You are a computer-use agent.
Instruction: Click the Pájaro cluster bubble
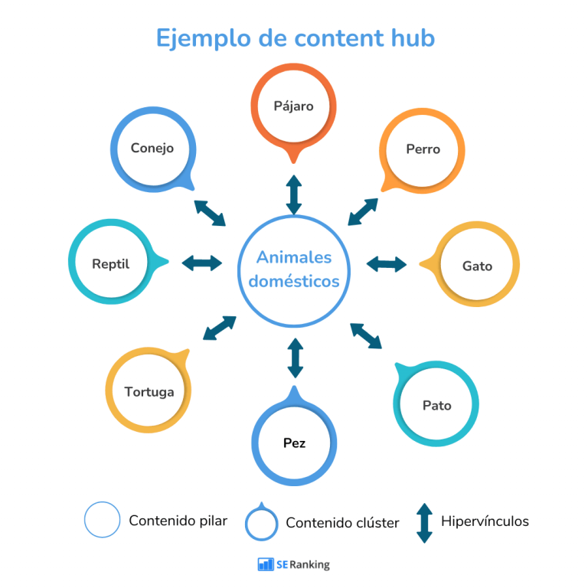(x=294, y=106)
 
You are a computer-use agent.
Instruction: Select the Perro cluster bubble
(x=423, y=149)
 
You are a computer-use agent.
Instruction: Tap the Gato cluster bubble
(x=477, y=266)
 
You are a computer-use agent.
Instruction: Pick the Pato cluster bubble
(x=436, y=405)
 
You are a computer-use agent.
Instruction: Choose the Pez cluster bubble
(x=294, y=443)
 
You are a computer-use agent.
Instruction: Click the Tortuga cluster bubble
(x=149, y=391)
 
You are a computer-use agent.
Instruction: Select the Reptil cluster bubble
(x=111, y=263)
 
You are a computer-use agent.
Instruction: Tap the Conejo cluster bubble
(x=152, y=149)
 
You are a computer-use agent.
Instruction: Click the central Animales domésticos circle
(x=294, y=270)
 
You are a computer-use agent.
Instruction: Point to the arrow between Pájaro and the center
(x=294, y=194)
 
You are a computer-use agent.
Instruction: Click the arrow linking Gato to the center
(x=387, y=264)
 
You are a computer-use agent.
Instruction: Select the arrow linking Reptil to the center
(x=202, y=263)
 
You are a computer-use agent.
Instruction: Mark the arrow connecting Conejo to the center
(x=210, y=213)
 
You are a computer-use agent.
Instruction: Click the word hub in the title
(x=412, y=37)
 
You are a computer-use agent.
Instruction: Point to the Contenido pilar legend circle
(x=102, y=521)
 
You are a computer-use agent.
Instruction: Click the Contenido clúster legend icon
(x=261, y=524)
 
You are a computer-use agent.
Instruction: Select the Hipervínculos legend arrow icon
(x=424, y=523)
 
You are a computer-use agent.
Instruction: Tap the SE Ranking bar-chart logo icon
(x=266, y=564)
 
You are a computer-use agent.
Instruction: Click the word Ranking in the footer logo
(x=311, y=564)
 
